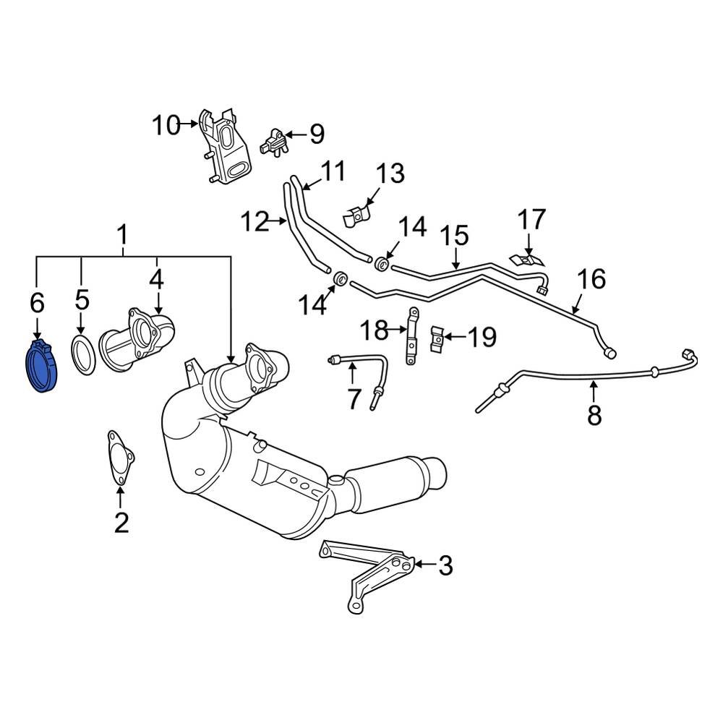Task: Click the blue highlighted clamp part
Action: click(41, 369)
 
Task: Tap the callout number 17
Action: click(531, 220)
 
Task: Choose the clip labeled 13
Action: click(356, 214)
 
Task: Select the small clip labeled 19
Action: click(437, 338)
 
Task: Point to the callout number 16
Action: click(591, 280)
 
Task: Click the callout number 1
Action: click(122, 234)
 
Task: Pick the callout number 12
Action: click(254, 222)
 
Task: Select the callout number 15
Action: click(455, 236)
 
